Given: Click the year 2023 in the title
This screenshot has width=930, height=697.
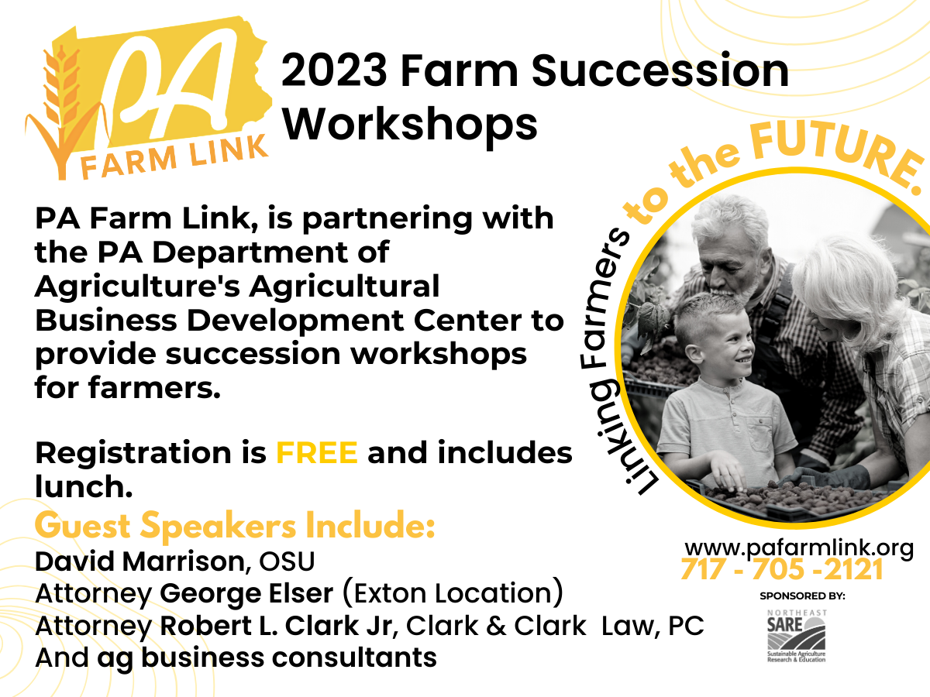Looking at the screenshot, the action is tap(334, 70).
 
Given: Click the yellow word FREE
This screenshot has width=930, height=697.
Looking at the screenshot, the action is tap(317, 453).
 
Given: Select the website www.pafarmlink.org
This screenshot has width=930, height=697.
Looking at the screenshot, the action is tap(799, 549).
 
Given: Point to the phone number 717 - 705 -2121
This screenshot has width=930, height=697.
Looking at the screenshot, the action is tap(782, 570).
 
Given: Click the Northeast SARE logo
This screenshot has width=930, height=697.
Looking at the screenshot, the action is tap(797, 636).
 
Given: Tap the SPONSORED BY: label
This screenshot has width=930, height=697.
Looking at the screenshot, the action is tap(802, 596).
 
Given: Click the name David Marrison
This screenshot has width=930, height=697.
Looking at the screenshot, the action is tap(139, 561).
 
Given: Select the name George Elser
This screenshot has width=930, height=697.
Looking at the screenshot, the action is tap(246, 593).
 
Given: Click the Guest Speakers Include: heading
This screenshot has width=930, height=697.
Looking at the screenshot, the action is tap(235, 525).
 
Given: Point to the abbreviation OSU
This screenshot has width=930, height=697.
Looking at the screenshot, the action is tap(287, 561).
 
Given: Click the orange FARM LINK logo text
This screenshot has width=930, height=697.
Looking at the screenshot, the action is tap(174, 157).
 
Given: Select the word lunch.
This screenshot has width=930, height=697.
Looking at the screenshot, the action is tap(84, 486).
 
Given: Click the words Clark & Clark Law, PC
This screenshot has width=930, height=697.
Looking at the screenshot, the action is tap(555, 626).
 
